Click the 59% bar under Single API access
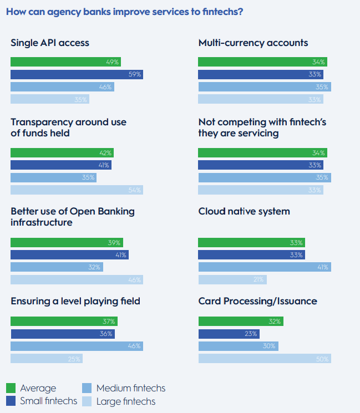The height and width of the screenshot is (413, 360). click(77, 74)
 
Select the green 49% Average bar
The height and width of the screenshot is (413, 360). click(65, 62)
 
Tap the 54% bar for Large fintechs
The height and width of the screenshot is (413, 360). click(77, 190)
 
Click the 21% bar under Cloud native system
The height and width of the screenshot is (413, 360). click(232, 279)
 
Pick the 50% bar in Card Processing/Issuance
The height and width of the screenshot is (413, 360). click(265, 359)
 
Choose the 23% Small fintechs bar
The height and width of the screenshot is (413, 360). click(229, 334)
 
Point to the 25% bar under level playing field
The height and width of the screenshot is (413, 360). click(47, 359)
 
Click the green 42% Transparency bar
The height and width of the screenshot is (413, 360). click(62, 153)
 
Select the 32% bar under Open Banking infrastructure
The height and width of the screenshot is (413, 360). click(57, 267)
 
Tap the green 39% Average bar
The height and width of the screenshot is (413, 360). click(67, 243)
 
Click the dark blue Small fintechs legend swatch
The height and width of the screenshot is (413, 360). click(11, 401)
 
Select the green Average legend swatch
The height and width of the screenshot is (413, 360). click(11, 388)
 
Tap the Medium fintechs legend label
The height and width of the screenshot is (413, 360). click(131, 388)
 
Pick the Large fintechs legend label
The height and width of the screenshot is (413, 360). click(126, 401)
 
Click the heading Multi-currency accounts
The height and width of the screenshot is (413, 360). click(253, 43)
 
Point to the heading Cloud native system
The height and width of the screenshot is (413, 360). click(244, 211)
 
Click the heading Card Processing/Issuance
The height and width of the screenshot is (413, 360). click(257, 301)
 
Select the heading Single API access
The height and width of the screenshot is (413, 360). click(50, 43)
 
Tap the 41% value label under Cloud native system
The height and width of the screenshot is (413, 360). click(323, 267)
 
